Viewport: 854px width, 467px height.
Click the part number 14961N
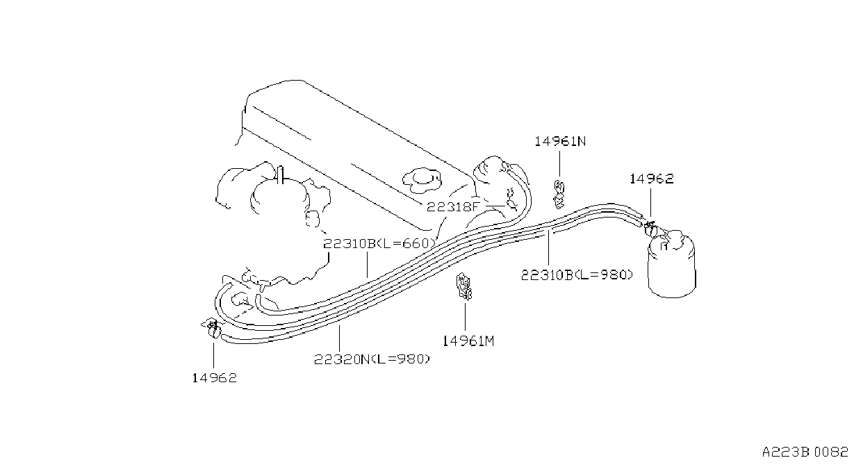coord(559,142)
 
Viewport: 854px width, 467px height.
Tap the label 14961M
coord(468,341)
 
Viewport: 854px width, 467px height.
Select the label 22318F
coord(452,207)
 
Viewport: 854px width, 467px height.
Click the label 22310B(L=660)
coord(379,244)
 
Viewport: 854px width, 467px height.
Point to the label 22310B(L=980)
coord(577,275)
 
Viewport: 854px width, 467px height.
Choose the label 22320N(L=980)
coord(372,359)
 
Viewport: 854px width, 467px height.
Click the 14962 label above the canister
coord(651,179)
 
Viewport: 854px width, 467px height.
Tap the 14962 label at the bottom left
coord(214,378)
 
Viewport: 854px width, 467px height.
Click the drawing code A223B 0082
coord(805,452)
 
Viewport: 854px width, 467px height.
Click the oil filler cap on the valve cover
coord(422,179)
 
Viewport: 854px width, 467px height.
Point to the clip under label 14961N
coord(559,195)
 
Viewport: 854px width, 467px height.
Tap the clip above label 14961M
coord(464,286)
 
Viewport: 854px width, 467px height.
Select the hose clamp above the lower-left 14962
coord(213,329)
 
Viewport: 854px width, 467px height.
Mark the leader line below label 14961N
coord(559,164)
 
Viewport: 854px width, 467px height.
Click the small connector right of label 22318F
coord(510,200)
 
